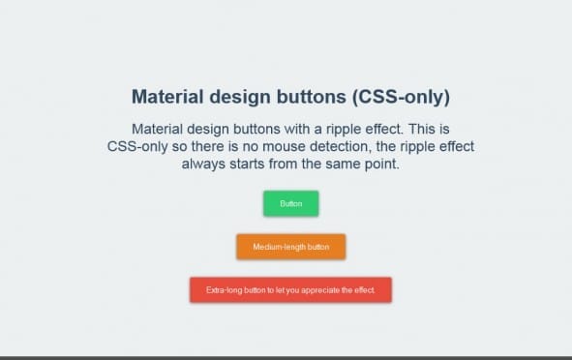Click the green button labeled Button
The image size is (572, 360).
[x=290, y=203]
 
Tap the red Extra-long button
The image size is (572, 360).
[x=290, y=289]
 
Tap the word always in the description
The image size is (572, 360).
[x=205, y=165]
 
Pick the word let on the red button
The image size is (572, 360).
[x=278, y=289]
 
